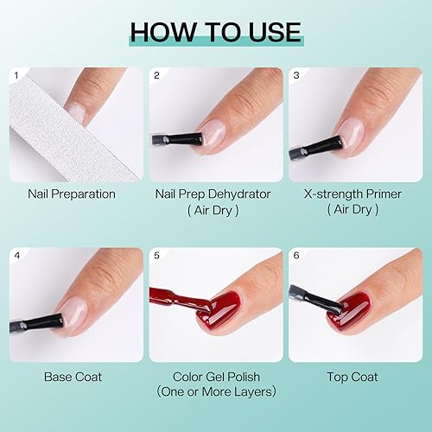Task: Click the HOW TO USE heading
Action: (215, 32)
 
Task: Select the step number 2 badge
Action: (156, 76)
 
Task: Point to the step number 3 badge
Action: (296, 76)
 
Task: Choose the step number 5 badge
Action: (156, 257)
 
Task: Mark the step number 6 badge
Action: (296, 257)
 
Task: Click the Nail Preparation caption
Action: (72, 194)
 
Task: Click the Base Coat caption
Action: (72, 377)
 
